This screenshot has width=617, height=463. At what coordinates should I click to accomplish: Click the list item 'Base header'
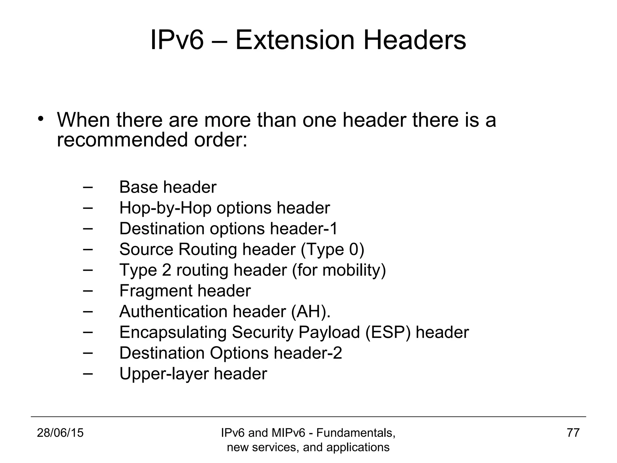point(168,187)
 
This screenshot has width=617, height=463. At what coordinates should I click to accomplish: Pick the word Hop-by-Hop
point(165,208)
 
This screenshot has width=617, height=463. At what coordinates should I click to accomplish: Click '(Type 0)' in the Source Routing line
point(332,250)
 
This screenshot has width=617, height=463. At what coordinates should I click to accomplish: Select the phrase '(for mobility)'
point(339,270)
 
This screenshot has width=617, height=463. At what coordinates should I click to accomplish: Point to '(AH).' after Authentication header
point(311,311)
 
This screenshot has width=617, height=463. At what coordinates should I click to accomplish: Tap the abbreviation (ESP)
point(388,332)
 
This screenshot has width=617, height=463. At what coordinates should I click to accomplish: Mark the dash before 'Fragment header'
point(87,290)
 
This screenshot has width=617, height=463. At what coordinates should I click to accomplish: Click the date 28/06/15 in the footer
point(60,433)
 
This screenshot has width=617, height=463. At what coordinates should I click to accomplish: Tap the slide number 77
point(573,433)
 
